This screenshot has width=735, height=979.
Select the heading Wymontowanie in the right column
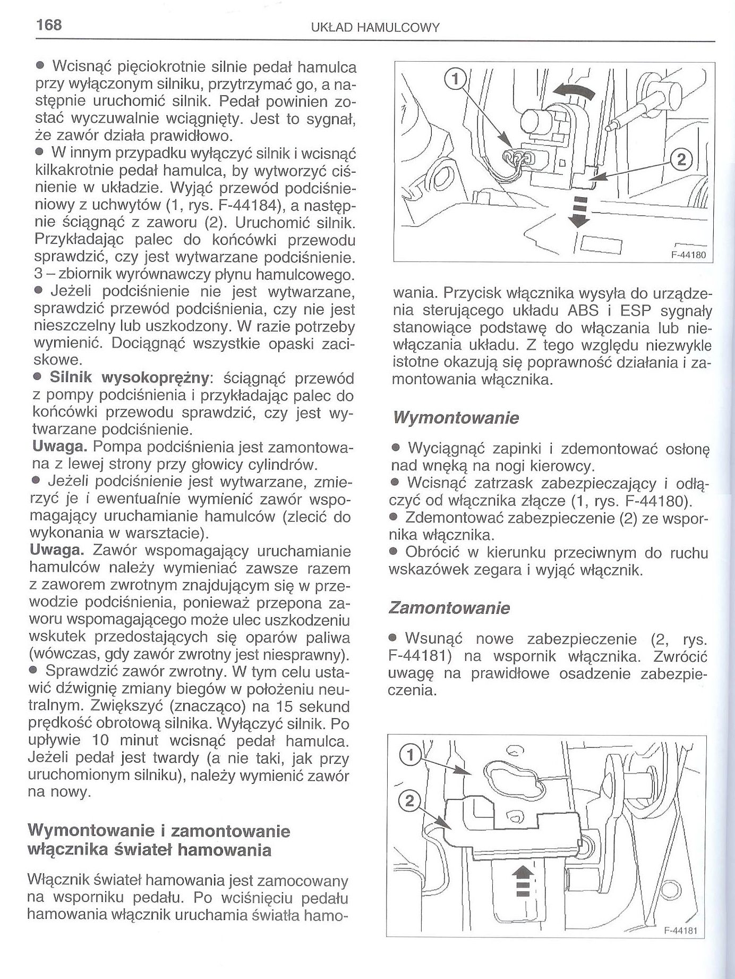(x=455, y=418)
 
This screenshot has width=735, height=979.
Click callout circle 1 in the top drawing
(x=454, y=80)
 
